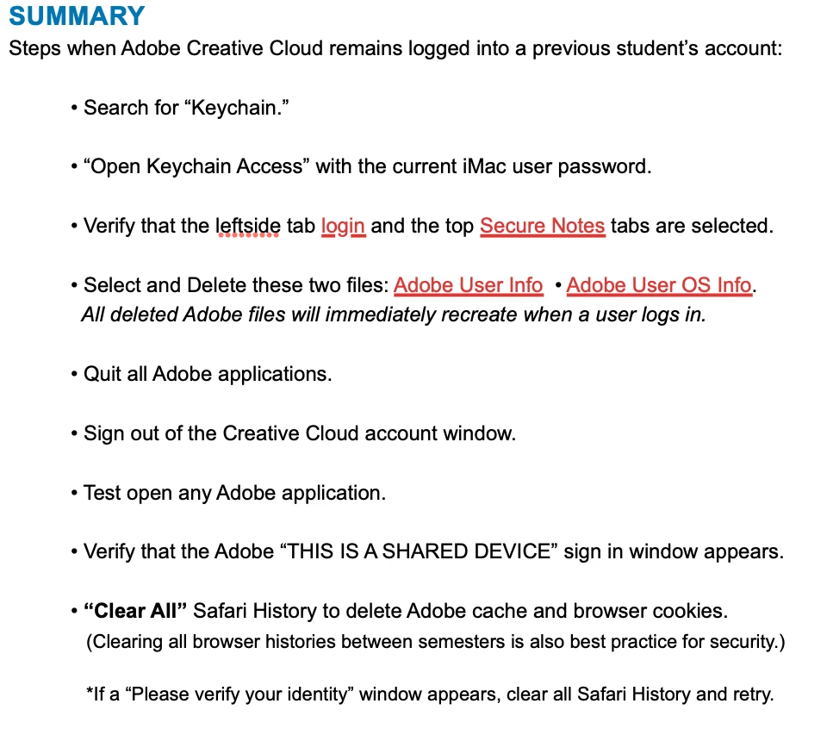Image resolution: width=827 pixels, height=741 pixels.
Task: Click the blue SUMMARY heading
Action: point(77,16)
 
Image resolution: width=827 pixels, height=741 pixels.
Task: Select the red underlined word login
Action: point(343,226)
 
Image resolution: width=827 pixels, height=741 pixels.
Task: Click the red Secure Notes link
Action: point(543,226)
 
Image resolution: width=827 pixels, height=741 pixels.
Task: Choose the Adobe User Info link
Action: point(468,285)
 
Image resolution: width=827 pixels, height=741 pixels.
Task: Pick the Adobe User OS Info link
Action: point(659,285)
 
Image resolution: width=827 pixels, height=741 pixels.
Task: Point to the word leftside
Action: point(247,226)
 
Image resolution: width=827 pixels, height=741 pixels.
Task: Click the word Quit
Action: point(102,374)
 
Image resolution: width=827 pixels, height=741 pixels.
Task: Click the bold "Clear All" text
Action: point(135,611)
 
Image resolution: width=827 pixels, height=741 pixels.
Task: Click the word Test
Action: point(101,493)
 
